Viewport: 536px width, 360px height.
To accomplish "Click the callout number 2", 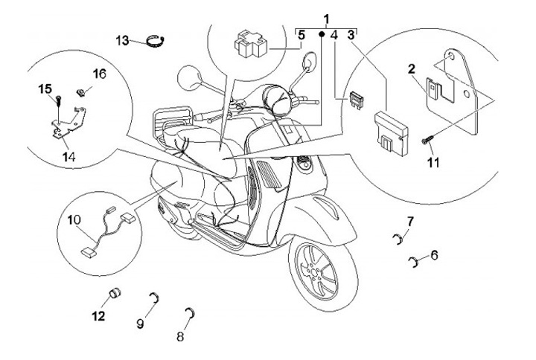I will [x=410, y=69].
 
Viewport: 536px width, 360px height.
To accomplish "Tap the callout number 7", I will [x=409, y=220].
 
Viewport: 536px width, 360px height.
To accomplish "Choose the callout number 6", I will [x=179, y=337].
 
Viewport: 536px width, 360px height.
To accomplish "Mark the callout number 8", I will [x=139, y=324].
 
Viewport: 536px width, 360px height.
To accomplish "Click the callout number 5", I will [x=301, y=35].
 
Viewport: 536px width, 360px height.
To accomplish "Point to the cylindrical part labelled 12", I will [x=116, y=292].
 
